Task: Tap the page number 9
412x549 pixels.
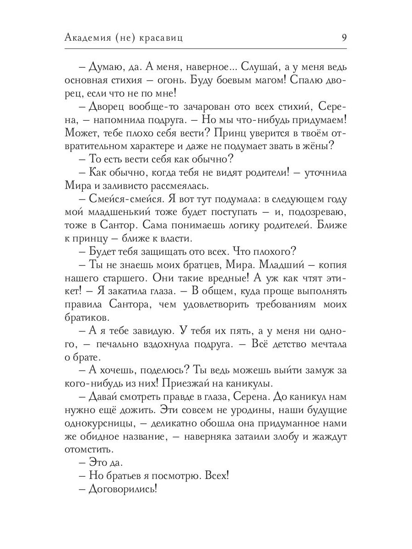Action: (x=343, y=38)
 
